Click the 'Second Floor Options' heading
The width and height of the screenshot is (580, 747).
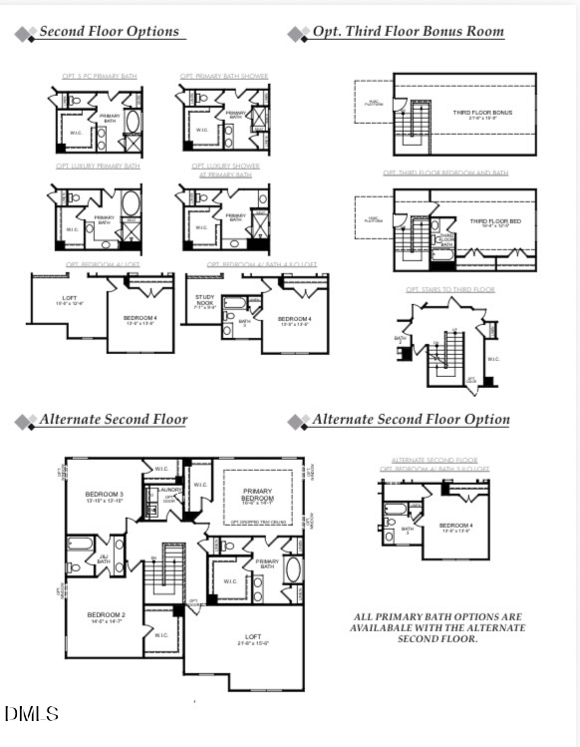[110, 32]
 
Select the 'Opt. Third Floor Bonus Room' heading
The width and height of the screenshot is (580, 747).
[408, 32]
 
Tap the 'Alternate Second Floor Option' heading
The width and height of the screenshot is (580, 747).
[411, 420]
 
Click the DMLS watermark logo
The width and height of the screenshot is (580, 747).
[32, 714]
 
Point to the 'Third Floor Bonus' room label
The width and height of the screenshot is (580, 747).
[482, 113]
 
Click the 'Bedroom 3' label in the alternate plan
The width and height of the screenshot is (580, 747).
[104, 497]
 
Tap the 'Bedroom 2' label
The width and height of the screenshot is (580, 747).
[105, 616]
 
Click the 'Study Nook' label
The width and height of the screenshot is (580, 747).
[204, 300]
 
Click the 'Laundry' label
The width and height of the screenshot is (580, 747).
[168, 490]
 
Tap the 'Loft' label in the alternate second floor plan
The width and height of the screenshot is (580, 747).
[253, 638]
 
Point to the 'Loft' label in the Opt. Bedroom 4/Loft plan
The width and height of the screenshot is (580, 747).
[69, 299]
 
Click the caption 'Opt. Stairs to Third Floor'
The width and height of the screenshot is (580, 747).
[449, 289]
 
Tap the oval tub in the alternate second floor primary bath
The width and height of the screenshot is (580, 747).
[292, 570]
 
